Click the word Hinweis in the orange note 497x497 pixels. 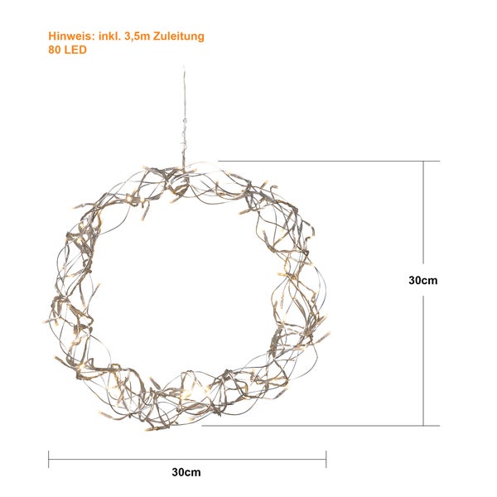tap(71, 36)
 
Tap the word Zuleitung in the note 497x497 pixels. tap(179, 36)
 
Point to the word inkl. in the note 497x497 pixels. tap(109, 36)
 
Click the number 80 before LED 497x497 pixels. tap(55, 50)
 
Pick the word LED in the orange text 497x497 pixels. tap(75, 50)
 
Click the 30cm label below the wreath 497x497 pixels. tap(186, 472)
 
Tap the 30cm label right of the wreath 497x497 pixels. tap(423, 280)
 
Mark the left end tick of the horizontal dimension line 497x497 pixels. tap(49, 459)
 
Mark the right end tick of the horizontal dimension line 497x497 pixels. tap(326, 459)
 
